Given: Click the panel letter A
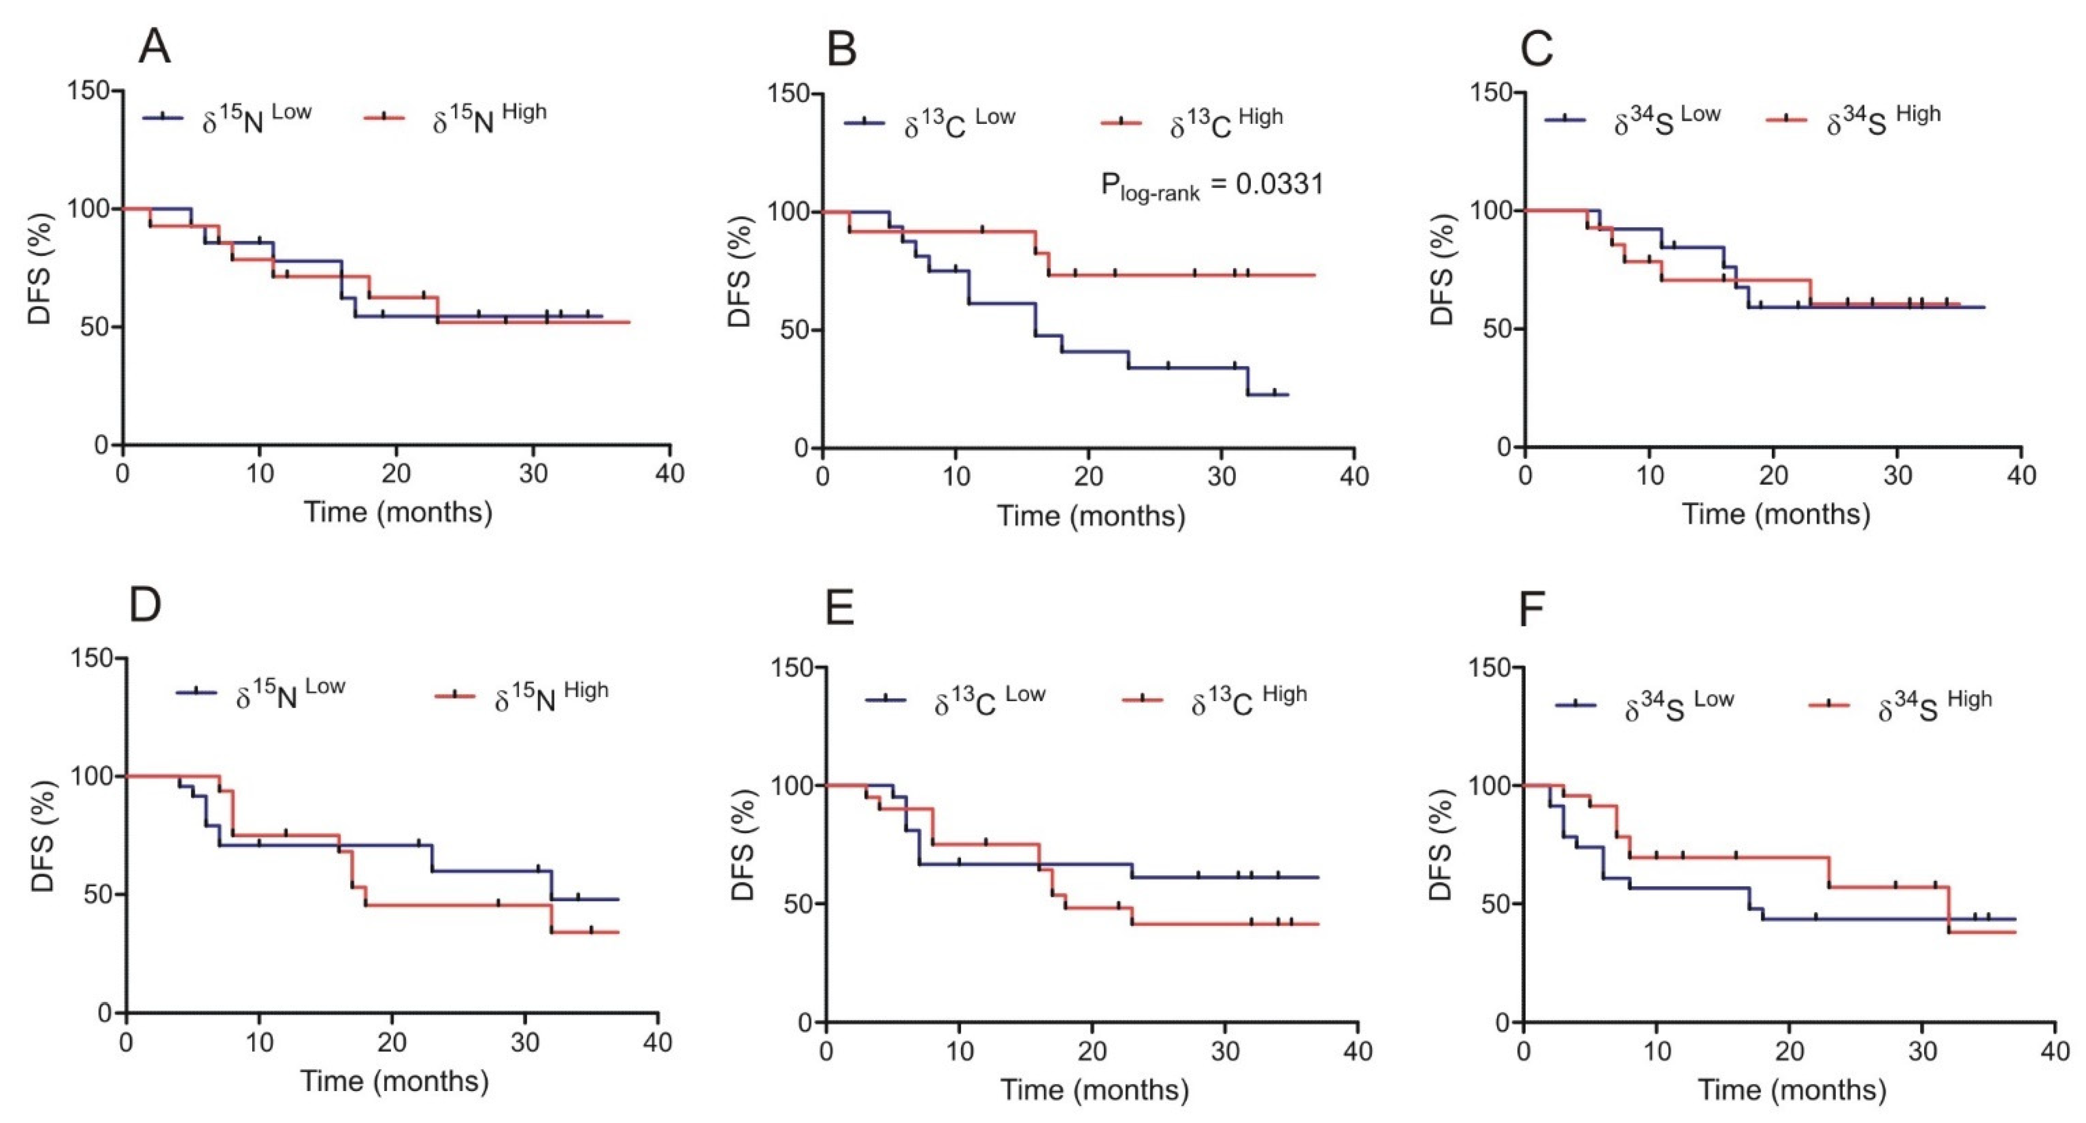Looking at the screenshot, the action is (155, 46).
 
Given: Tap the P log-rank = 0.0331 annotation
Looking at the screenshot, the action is (1211, 186).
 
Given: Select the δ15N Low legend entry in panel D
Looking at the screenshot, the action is (261, 694).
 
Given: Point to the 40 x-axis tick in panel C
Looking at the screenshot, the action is (2021, 474).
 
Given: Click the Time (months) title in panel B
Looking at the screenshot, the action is (1091, 516).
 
